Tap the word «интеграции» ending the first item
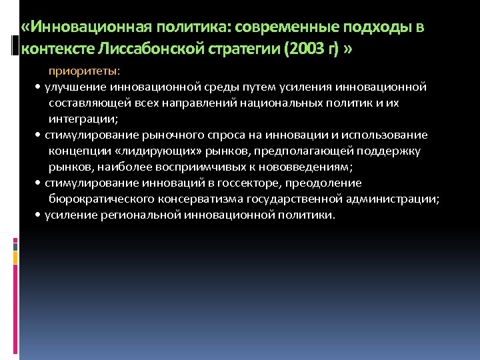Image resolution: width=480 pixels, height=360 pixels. (x=83, y=119)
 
